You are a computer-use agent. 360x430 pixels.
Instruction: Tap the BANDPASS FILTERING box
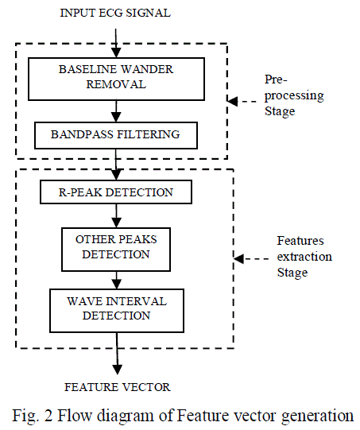(x=117, y=135)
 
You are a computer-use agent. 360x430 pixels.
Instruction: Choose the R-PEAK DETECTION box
(x=117, y=192)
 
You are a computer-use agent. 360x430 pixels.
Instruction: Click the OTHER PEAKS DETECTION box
(x=117, y=246)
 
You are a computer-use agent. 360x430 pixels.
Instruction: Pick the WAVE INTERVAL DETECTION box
(x=117, y=309)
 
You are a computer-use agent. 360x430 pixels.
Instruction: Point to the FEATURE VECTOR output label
(x=117, y=387)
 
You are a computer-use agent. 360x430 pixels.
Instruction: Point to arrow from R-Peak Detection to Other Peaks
(x=117, y=214)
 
